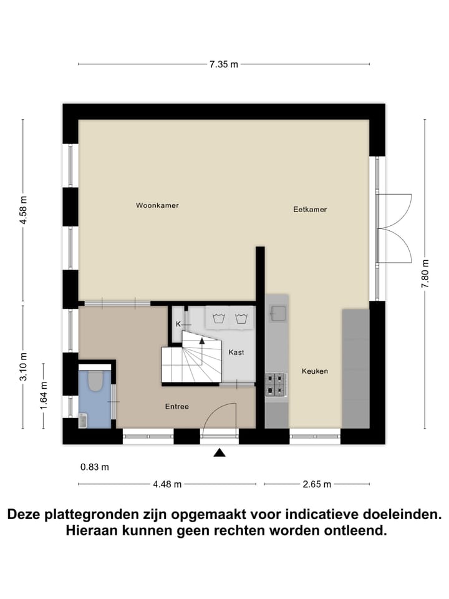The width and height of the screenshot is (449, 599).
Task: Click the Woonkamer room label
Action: [x=157, y=205]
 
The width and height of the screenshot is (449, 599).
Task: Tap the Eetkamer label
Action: [x=310, y=210]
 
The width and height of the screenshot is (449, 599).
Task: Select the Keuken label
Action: [x=314, y=371]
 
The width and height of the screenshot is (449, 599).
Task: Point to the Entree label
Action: [x=176, y=407]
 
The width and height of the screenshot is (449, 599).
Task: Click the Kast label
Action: [x=236, y=353]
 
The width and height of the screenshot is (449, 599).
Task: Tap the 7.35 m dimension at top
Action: [x=223, y=64]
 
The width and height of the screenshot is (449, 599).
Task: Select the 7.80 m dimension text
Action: [x=425, y=273]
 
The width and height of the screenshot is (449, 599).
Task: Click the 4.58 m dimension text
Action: [x=24, y=212]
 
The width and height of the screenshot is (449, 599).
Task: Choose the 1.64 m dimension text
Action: [x=44, y=395]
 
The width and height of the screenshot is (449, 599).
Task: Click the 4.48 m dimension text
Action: [x=167, y=484]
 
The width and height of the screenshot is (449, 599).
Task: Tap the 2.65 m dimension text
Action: [x=316, y=484]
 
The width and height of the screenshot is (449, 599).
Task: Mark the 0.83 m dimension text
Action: [x=94, y=467]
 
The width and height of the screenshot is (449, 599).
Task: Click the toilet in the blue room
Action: [x=95, y=381]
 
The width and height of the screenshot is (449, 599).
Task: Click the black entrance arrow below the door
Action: [x=220, y=453]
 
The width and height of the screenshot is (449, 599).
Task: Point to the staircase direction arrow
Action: [x=201, y=340]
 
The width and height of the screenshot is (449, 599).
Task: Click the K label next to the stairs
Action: [x=178, y=324]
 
